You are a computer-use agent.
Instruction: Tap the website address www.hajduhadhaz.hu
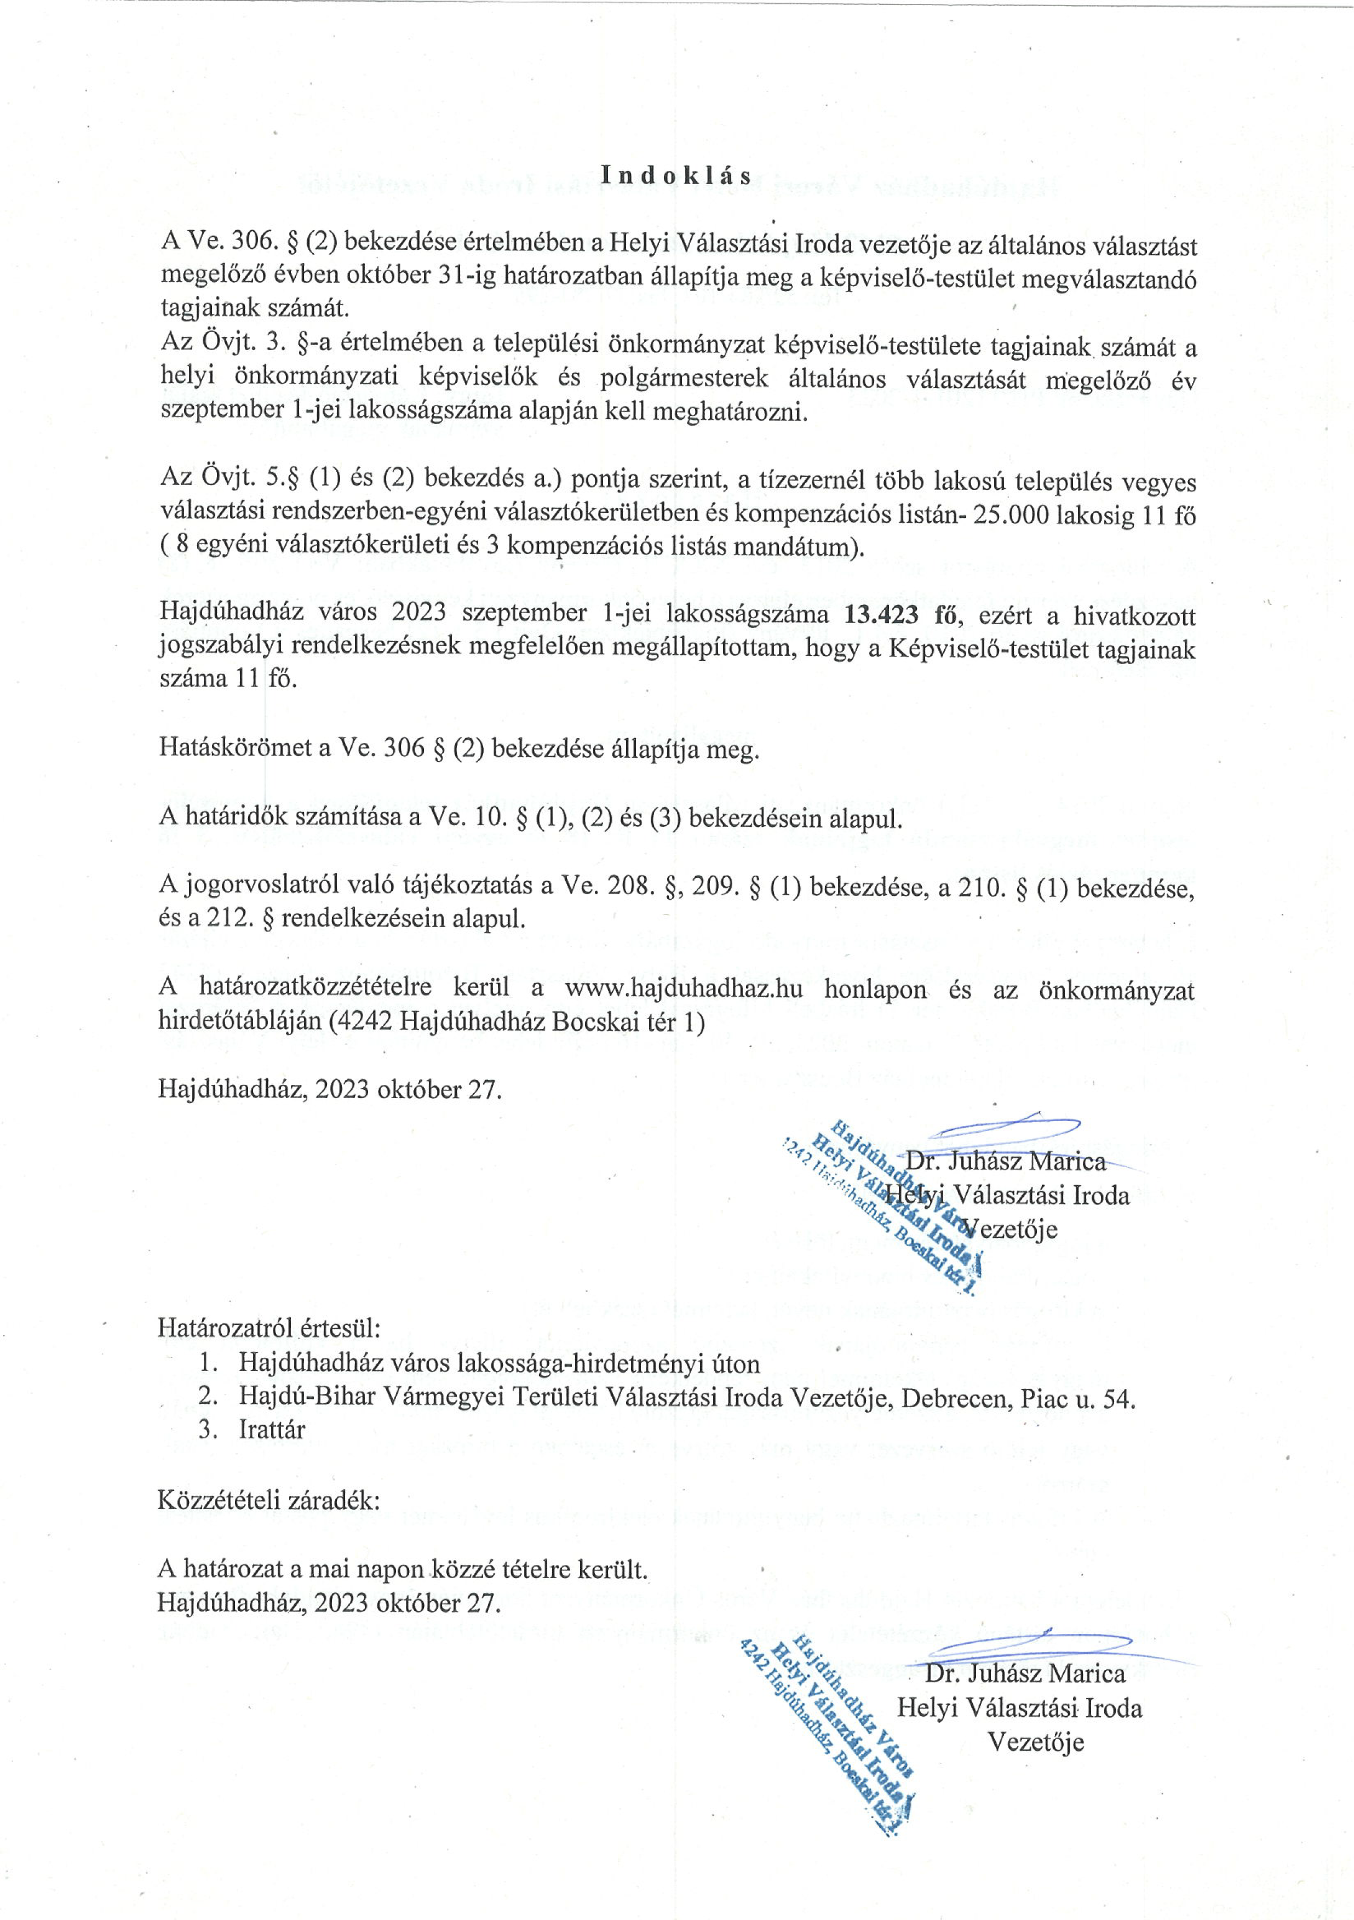coord(684,988)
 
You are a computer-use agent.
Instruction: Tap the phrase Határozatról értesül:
coord(269,1327)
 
